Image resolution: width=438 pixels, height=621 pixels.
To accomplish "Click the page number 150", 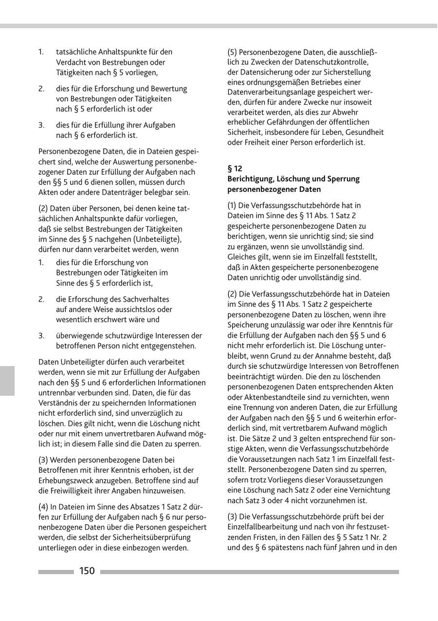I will tap(87, 571).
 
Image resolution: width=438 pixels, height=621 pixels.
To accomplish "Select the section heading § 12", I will tap(235, 168).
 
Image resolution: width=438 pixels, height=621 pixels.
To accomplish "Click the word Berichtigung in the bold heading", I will tap(251, 179).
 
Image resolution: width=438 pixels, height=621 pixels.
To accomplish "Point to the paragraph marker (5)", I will tap(233, 52).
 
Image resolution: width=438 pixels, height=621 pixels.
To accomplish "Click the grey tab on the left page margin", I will tap(7, 381).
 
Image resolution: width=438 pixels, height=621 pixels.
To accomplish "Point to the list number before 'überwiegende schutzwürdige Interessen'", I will tap(41, 336).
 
